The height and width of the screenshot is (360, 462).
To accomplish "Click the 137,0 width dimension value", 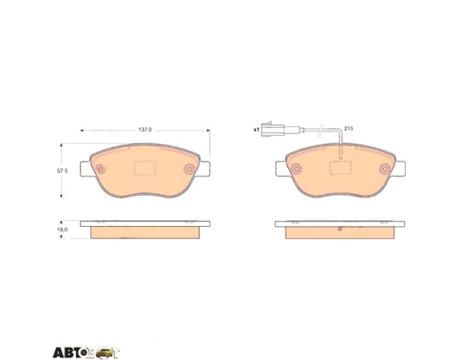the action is (145, 130).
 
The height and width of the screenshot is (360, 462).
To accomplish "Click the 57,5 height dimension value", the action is (63, 170).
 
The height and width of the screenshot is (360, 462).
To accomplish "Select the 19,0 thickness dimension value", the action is (63, 229).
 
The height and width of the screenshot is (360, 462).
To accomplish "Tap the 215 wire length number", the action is (349, 128).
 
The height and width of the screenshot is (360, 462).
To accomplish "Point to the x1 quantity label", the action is (256, 129).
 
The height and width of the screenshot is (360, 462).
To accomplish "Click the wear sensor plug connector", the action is (272, 129).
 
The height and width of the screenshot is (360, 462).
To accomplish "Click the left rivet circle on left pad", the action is (101, 169).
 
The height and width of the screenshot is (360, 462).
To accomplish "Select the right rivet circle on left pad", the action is (190, 169).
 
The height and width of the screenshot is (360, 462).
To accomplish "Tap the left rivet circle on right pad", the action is (296, 169).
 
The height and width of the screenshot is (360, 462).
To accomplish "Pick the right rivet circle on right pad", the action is (385, 169).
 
